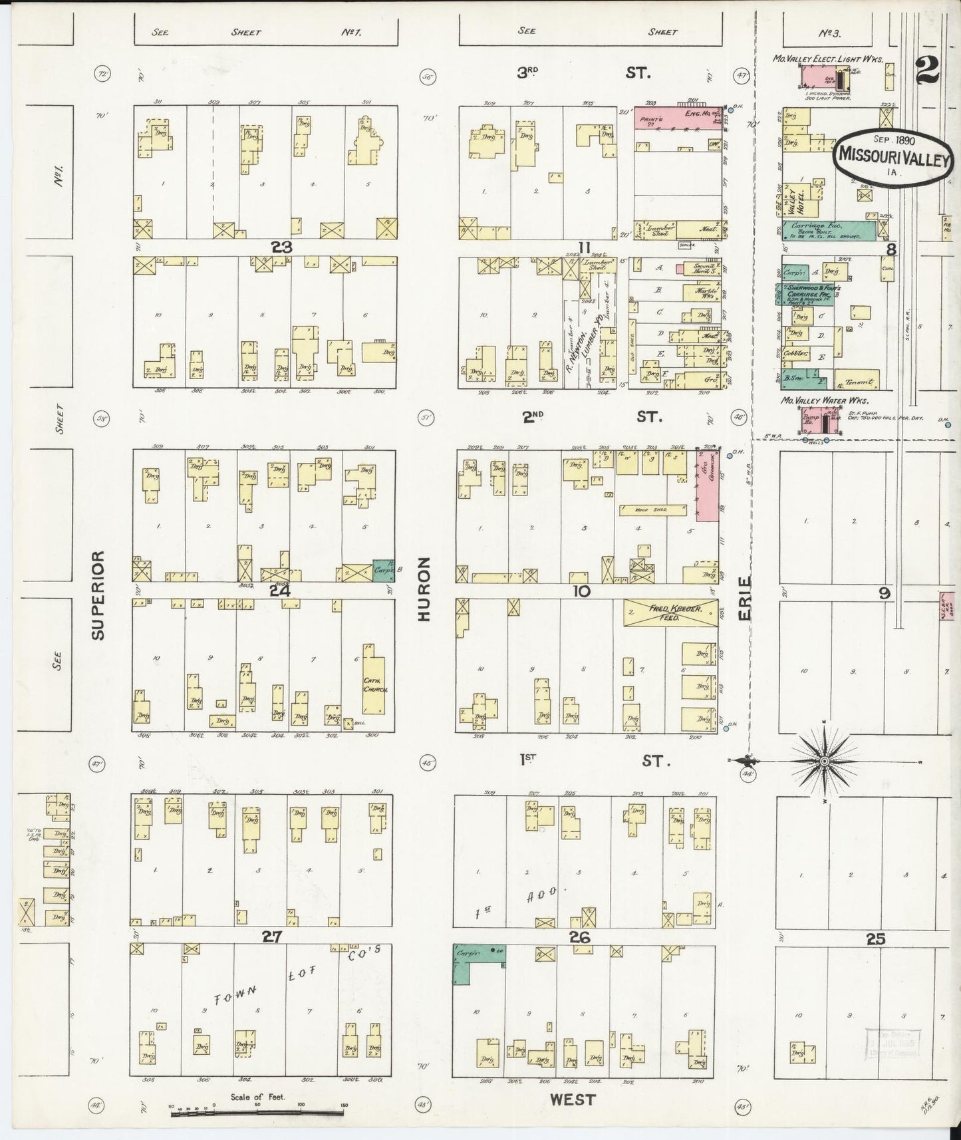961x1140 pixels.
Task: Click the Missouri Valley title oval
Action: click(x=892, y=154)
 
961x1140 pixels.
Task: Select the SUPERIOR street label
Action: click(x=99, y=595)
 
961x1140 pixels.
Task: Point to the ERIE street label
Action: click(x=744, y=599)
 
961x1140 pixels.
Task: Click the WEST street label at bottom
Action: click(x=573, y=1100)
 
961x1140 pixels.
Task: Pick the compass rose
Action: click(x=824, y=760)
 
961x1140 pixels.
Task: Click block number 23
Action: click(x=281, y=247)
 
